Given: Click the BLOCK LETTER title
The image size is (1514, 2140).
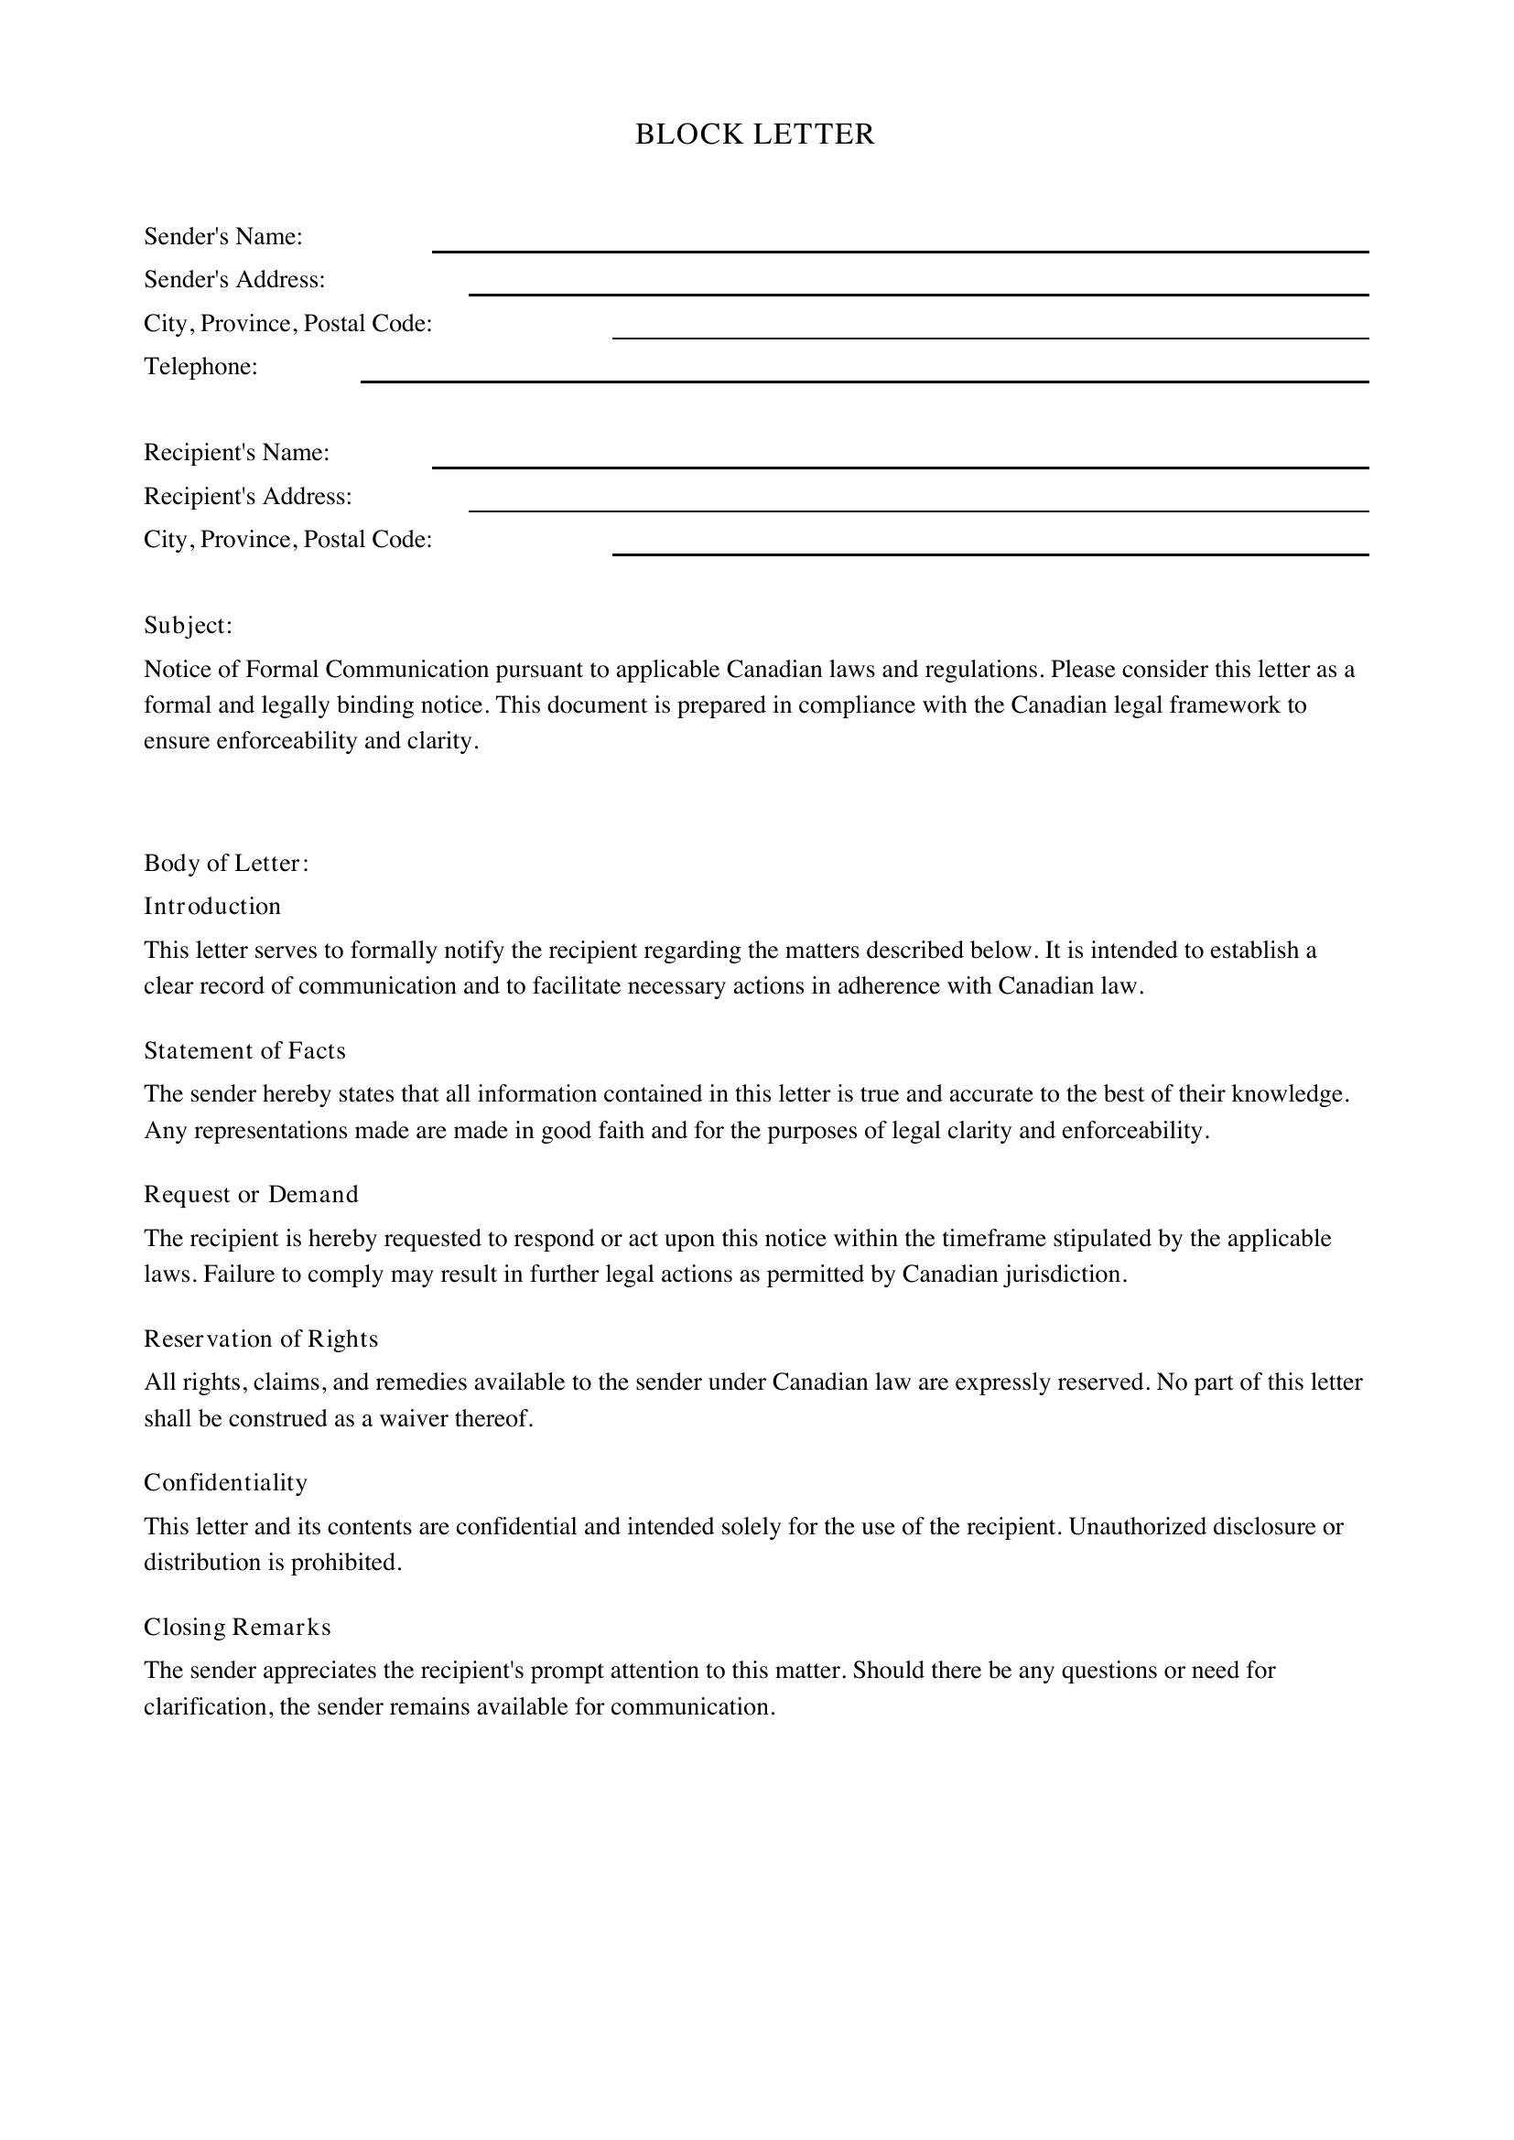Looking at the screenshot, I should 755,135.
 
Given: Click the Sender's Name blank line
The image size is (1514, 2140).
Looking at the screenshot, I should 900,250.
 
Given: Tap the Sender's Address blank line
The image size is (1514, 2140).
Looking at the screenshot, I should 918,293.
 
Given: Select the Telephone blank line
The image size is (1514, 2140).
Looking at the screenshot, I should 864,380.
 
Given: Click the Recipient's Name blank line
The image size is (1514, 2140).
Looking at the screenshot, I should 900,466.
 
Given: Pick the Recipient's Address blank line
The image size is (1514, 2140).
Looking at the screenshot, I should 918,509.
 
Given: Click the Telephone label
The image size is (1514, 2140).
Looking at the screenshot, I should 200,366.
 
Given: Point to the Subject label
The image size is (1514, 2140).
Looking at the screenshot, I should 188,626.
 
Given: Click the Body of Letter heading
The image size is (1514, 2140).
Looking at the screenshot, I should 225,863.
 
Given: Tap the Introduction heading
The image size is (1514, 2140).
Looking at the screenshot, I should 211,906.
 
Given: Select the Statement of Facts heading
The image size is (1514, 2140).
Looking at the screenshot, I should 244,1050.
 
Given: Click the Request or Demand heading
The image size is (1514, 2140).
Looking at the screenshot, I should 251,1194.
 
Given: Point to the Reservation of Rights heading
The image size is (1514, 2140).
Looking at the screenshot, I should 261,1339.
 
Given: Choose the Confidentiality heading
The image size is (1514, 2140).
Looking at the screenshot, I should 225,1482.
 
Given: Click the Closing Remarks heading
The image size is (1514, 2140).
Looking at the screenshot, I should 237,1627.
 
